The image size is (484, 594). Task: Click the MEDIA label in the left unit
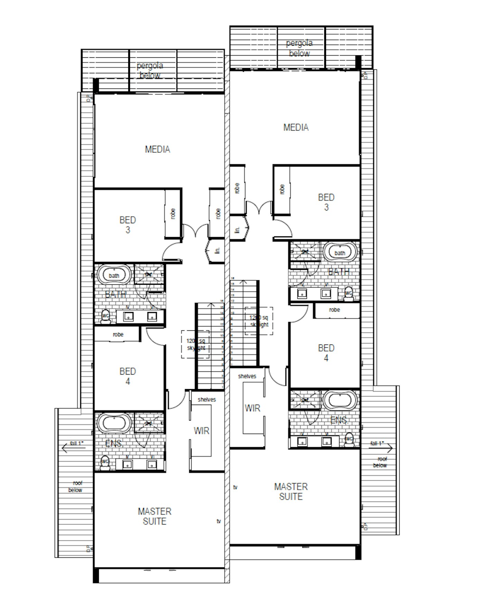pos(157,149)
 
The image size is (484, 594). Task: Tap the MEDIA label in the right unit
pos(296,128)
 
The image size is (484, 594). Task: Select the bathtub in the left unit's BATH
pos(114,275)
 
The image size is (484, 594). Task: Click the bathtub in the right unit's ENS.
pos(340,400)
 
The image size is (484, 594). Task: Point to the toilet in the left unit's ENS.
pos(105,463)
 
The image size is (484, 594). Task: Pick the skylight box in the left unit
pos(195,345)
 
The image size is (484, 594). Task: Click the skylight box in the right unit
pos(259,321)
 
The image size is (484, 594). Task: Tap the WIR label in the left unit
pos(201,431)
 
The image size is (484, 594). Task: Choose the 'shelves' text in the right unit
pos(247,376)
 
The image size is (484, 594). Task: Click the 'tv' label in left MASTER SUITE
pos(218,521)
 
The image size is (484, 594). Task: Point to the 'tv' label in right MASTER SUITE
pos(235,487)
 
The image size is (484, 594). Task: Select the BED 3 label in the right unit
pos(326,202)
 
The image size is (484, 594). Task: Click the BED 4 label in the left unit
pos(128,376)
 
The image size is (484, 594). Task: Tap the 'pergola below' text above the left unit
pos(150,70)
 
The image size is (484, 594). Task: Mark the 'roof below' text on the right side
pos(380,462)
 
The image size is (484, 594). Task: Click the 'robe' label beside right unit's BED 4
pos(334,310)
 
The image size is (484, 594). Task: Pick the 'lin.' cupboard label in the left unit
pos(217,251)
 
